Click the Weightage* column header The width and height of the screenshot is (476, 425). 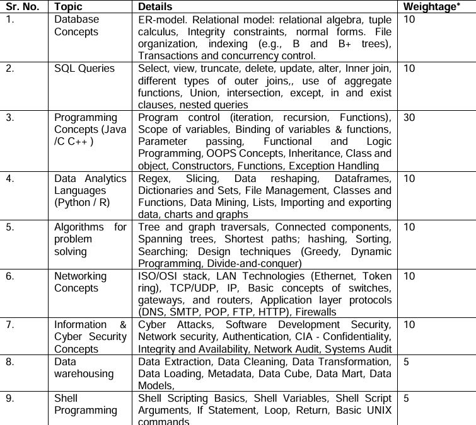(x=431, y=7)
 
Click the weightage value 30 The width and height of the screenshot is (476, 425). (x=409, y=118)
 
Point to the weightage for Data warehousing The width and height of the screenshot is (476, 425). (x=407, y=362)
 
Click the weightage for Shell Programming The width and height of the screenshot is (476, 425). (x=407, y=399)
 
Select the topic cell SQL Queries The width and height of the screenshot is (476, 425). (x=84, y=69)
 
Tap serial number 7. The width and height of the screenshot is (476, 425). (x=9, y=325)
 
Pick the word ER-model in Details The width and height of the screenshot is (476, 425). (x=161, y=20)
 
